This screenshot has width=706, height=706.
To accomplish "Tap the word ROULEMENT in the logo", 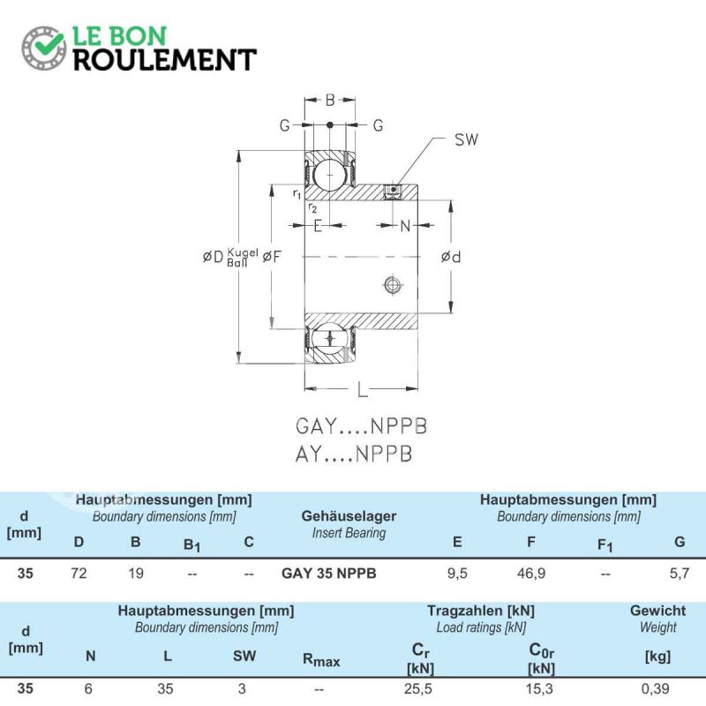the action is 165,60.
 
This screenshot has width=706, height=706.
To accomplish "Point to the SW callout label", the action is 466,139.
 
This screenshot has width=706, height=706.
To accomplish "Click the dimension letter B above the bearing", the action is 330,100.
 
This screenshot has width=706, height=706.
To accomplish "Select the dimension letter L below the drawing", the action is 362,390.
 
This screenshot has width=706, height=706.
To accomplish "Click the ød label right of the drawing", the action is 451,257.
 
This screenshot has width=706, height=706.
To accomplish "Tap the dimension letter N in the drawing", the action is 405,226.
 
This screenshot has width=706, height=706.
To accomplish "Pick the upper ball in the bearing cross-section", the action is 329,175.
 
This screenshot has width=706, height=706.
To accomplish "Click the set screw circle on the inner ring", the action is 393,284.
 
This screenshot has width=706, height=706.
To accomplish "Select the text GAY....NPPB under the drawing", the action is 361,426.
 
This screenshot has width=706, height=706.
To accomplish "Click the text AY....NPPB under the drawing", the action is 354,454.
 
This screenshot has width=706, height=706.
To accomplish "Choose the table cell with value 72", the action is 79,573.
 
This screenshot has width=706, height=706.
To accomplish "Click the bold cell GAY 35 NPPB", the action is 328,573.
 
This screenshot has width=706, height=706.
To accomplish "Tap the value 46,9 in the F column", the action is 531,573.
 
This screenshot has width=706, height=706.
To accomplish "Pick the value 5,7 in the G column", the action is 680,573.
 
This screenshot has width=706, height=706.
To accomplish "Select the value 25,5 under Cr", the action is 417,688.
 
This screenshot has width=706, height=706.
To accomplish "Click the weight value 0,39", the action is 655,688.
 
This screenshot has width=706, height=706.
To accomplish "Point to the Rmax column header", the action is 321,660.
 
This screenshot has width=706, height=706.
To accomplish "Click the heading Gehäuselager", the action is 349,516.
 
